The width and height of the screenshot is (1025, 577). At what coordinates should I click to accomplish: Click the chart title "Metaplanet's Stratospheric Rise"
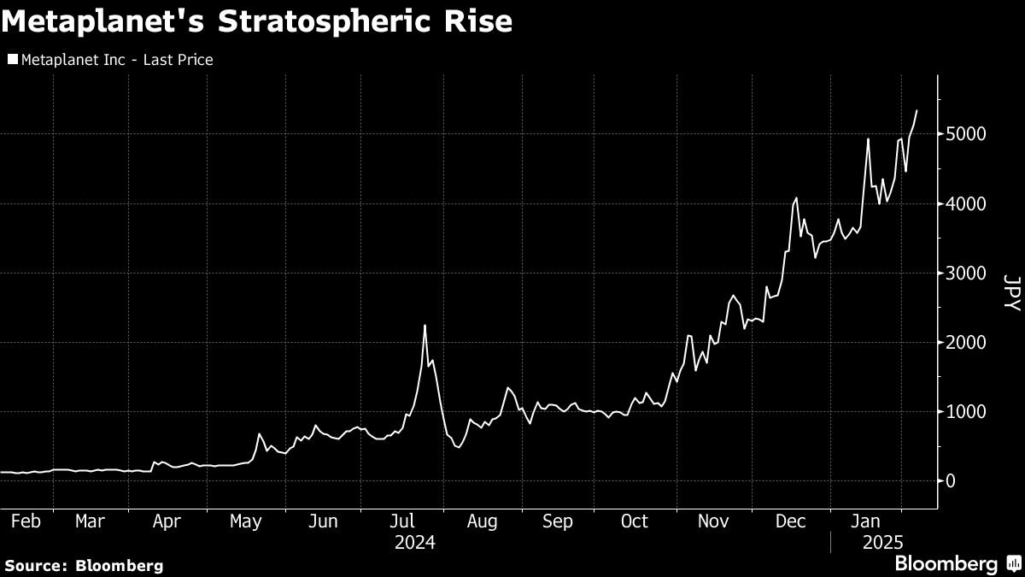(257, 21)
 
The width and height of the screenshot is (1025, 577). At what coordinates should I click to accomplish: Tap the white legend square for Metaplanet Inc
(12, 60)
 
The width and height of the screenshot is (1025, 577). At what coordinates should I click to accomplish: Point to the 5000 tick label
(966, 134)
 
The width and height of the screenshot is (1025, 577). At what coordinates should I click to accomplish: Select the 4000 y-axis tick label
(966, 204)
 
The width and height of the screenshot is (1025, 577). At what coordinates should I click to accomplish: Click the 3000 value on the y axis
(966, 274)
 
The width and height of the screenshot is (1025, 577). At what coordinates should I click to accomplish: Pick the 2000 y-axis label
(966, 343)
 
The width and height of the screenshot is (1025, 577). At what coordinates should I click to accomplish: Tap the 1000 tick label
(966, 412)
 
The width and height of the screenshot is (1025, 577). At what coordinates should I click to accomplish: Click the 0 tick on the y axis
(950, 481)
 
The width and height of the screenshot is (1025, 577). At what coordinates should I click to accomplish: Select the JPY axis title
(1010, 292)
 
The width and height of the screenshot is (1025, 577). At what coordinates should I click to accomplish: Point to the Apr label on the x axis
(167, 521)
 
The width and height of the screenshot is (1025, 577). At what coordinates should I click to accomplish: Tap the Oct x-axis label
(635, 521)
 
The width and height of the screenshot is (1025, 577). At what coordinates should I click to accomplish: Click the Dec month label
(791, 521)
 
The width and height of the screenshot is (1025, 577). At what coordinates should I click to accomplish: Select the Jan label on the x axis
(868, 521)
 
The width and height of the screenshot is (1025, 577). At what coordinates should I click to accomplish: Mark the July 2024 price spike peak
(425, 326)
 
